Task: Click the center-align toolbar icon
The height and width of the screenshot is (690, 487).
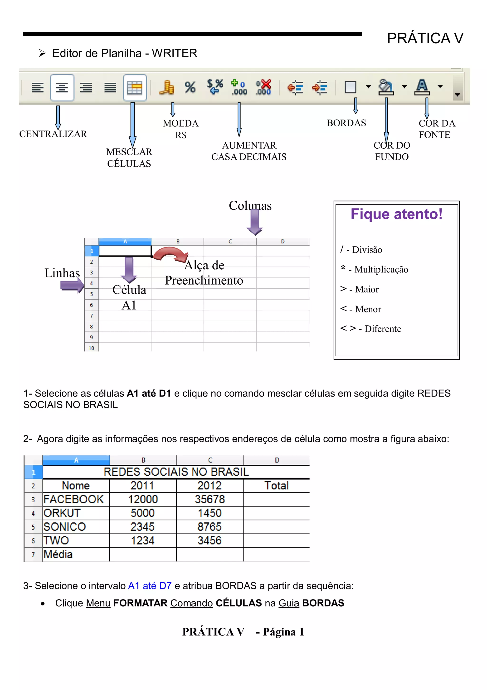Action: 62,88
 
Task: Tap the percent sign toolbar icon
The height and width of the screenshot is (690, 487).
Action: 190,87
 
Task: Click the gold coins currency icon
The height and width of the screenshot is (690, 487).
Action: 166,87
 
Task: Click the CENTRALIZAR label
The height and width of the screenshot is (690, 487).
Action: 53,134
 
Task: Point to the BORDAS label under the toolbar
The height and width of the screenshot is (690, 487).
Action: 346,123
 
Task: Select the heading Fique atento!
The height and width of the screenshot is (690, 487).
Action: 396,214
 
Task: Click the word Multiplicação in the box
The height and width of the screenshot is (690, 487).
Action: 381,270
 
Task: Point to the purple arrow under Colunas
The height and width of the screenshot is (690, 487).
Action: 255,222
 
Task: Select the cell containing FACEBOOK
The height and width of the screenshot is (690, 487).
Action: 73,499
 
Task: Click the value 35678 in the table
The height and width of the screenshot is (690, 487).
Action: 210,499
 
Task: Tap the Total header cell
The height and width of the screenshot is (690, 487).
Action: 276,486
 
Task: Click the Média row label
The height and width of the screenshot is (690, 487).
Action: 58,554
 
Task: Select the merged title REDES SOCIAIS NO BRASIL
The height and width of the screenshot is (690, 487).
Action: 176,472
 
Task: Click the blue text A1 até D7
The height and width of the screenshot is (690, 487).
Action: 150,586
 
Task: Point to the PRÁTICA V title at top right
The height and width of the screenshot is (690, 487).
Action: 425,39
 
